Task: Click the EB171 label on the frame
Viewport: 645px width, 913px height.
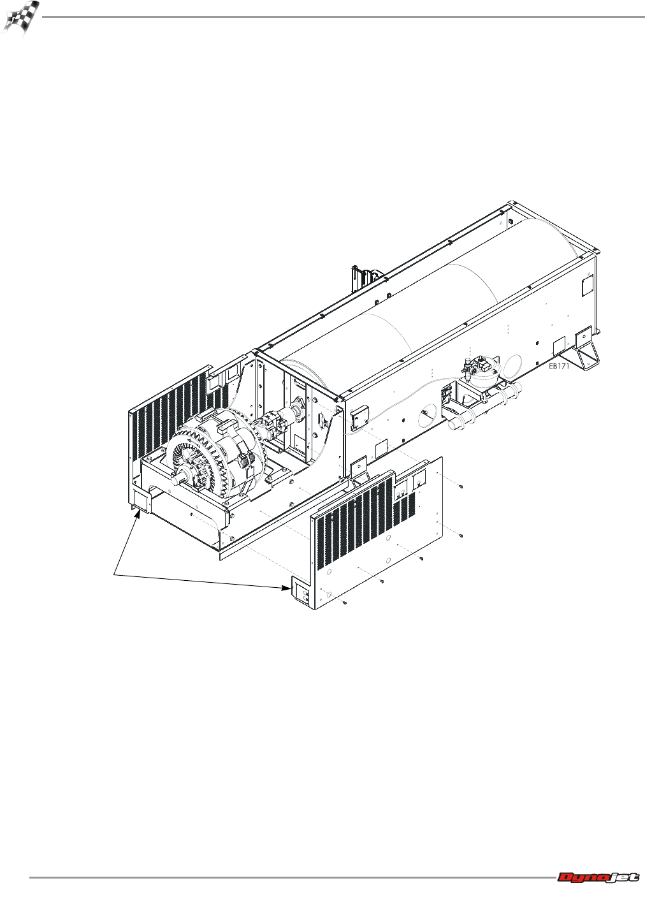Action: pyautogui.click(x=558, y=366)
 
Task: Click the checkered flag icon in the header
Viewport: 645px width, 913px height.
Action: pyautogui.click(x=20, y=18)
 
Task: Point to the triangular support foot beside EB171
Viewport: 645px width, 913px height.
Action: pyautogui.click(x=588, y=353)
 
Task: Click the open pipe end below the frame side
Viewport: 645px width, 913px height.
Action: pyautogui.click(x=454, y=424)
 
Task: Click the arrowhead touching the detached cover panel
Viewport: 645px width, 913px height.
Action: pyautogui.click(x=286, y=587)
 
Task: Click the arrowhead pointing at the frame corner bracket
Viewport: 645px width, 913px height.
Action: pyautogui.click(x=138, y=515)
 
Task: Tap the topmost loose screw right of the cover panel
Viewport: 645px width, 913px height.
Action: pyautogui.click(x=461, y=486)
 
